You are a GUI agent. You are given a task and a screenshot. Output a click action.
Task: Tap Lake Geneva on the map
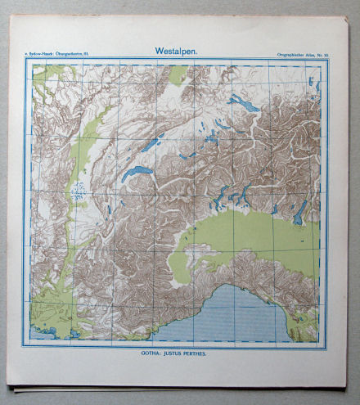[136, 174]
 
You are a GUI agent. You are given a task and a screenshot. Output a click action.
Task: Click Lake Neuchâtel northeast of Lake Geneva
[151, 144]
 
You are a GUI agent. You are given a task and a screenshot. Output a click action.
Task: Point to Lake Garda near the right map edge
[300, 213]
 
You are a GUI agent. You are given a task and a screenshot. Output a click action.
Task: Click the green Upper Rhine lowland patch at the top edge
[177, 76]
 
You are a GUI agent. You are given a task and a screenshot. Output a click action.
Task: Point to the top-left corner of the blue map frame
[31, 64]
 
